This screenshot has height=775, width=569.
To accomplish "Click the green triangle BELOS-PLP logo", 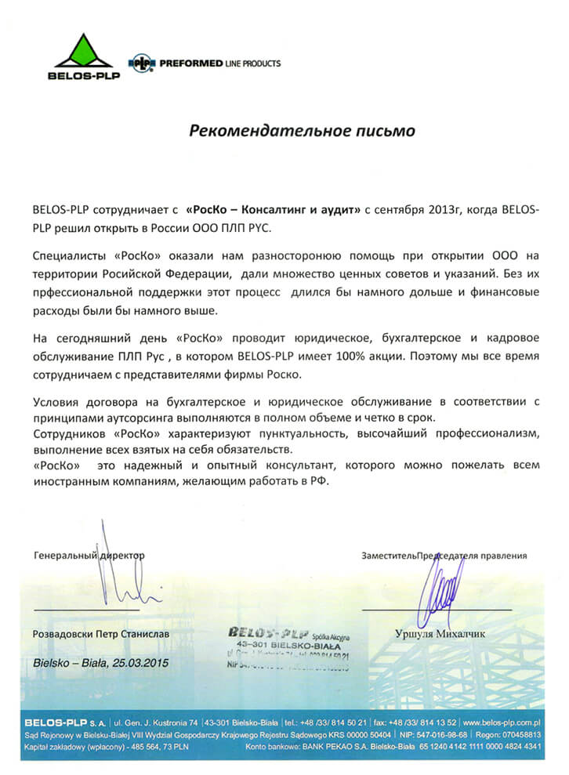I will click(83, 52).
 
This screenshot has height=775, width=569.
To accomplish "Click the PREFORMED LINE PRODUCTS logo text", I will click(217, 63).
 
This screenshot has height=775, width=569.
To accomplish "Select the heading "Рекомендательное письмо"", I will click(302, 129).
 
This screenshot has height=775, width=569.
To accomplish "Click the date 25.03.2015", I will click(138, 662).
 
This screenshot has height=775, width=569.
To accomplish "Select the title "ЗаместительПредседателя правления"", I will click(444, 556).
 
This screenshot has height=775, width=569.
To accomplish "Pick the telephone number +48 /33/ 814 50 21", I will click(335, 720).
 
